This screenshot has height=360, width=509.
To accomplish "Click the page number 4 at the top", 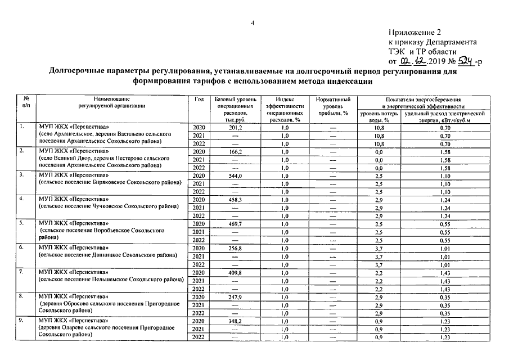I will [x=253, y=22].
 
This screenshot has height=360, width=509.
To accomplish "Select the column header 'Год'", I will [x=199, y=100].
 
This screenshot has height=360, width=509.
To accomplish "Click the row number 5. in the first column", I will [x=21, y=223].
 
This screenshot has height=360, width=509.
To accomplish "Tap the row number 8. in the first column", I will [x=21, y=296].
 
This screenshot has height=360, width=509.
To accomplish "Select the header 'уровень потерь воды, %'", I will [x=379, y=116].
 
